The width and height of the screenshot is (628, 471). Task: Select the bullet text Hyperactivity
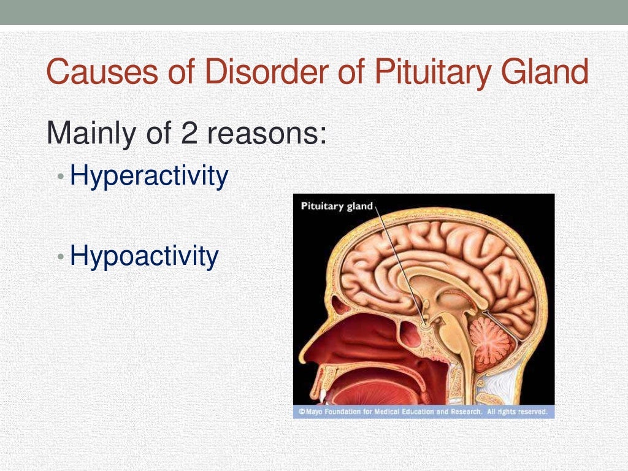pyautogui.click(x=149, y=176)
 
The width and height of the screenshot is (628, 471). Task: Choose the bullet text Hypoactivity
pyautogui.click(x=144, y=256)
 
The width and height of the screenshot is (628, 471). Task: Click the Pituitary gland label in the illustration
pyautogui.click(x=337, y=206)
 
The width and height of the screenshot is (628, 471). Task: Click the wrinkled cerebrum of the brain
pyautogui.click(x=429, y=251)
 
